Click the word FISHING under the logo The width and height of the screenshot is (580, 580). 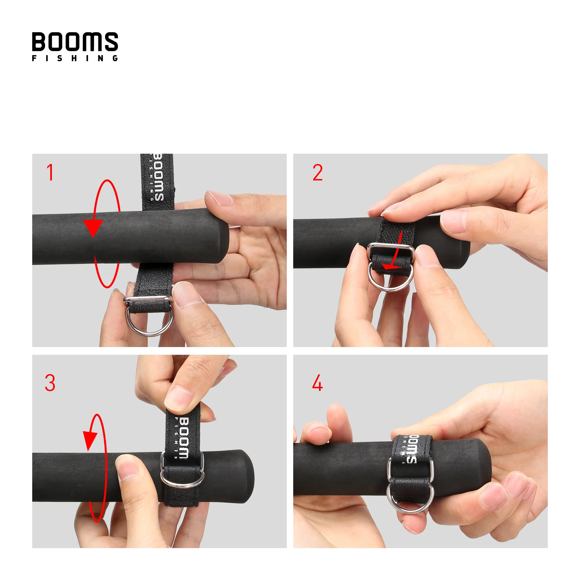[75, 58]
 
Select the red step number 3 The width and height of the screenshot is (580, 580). [50, 383]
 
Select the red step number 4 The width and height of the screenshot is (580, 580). [317, 383]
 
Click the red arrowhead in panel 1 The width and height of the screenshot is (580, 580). [93, 227]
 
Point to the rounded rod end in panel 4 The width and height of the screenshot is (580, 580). [483, 467]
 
